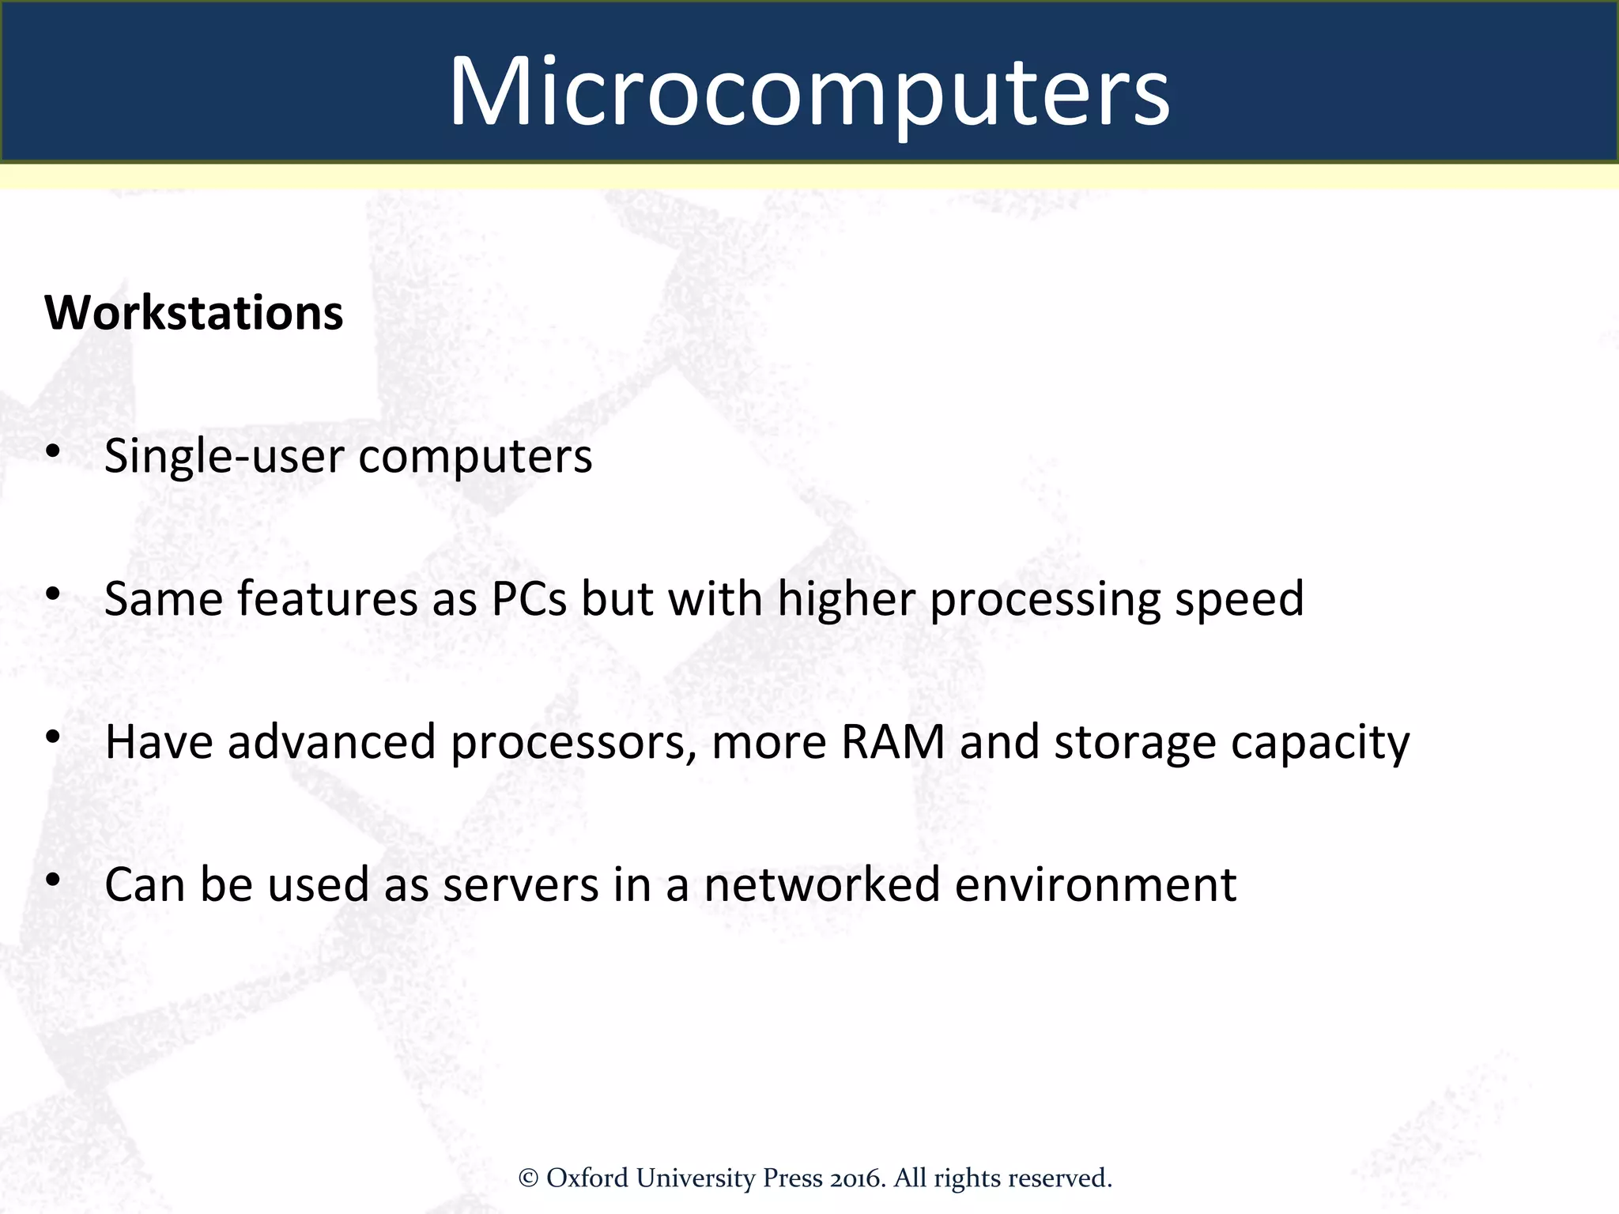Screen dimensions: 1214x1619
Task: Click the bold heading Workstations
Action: (194, 313)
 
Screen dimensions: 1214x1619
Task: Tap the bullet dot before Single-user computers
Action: (53, 451)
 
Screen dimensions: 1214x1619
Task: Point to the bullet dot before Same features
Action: (53, 594)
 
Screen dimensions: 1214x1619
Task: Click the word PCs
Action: (529, 598)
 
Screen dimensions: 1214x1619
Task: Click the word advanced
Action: (332, 742)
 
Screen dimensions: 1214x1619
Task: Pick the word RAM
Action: (893, 742)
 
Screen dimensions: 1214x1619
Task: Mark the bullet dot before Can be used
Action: (53, 879)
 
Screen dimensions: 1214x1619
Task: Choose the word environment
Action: (1095, 884)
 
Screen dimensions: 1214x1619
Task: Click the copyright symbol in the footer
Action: (528, 1178)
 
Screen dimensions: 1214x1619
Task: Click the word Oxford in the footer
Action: (587, 1178)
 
